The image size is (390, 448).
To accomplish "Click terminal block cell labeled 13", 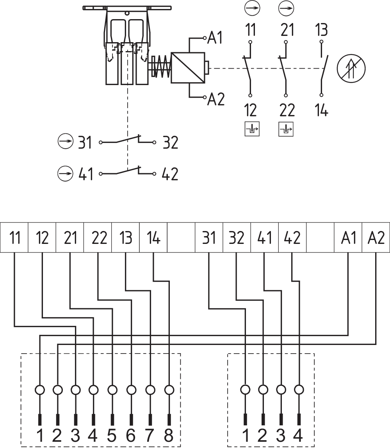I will coord(126,238).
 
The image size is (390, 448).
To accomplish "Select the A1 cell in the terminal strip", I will coord(348,238).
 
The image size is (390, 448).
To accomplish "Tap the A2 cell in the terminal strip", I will coord(376,238).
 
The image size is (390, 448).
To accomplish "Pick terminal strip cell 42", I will coord(292,238).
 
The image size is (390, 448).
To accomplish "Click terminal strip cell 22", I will coord(98,238).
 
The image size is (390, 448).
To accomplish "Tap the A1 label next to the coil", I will coord(215,38).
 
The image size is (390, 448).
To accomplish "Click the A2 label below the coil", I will coord(216,100).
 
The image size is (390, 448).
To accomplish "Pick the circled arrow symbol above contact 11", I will coord(250,7).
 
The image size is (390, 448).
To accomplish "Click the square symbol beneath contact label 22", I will coord(286,129).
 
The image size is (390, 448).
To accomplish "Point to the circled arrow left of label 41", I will coord(65,173).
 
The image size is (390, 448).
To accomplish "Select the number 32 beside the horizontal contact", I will coord(170,143).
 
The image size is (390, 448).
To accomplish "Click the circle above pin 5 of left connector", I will coord(112,389).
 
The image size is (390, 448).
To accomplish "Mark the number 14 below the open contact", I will coord(321,111).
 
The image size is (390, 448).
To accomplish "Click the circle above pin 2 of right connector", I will coord(263,389).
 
